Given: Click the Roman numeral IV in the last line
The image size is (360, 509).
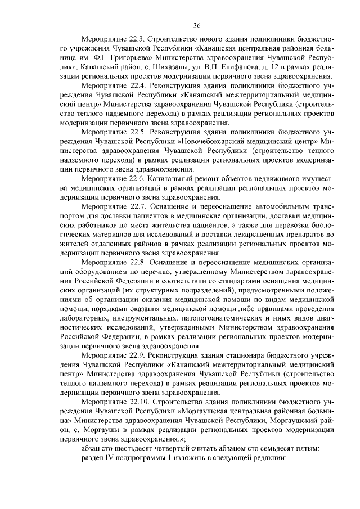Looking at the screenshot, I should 103,456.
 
